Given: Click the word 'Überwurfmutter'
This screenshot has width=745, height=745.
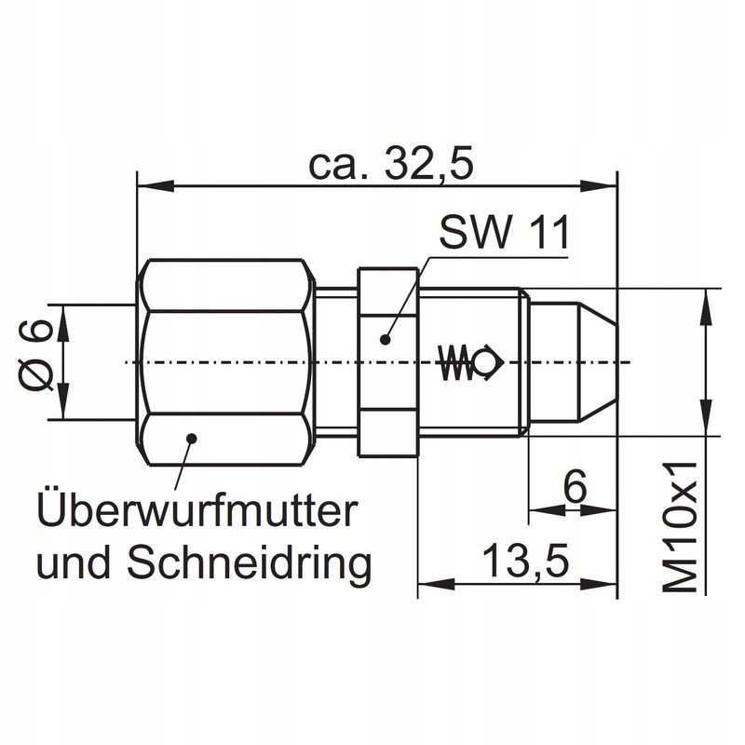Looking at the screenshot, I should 197,510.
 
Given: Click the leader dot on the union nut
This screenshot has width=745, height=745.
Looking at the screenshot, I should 190,436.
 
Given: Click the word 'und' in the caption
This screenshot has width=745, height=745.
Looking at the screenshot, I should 67,562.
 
